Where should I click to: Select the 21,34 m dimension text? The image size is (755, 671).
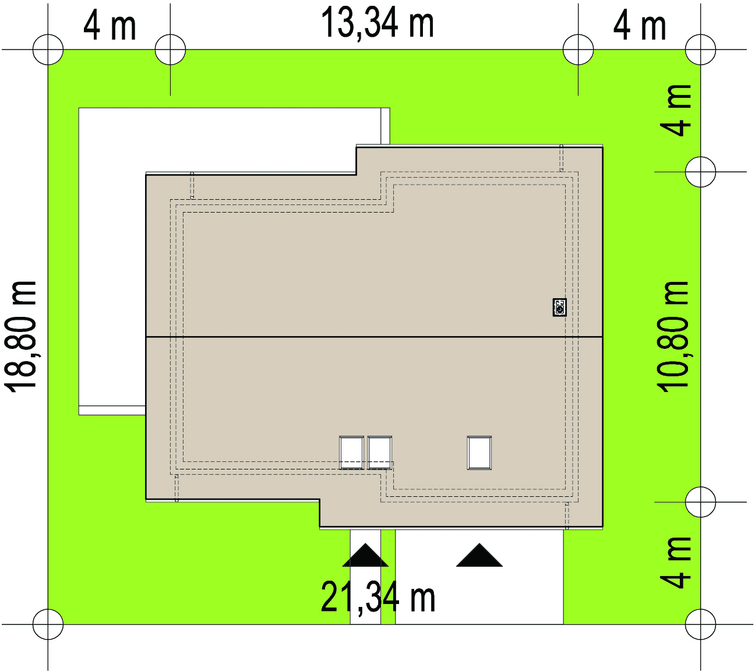point(377,598)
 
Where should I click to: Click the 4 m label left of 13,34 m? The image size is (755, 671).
point(110,27)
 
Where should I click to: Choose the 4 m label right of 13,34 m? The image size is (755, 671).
point(640,27)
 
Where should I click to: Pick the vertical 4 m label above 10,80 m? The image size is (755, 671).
point(676,111)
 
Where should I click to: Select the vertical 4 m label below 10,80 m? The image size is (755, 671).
point(676,563)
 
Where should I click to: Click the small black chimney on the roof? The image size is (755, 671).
point(559,308)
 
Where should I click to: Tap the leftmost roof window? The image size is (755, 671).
point(351,453)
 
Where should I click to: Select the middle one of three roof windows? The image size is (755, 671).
point(380,453)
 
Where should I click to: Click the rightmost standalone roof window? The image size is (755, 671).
point(479,453)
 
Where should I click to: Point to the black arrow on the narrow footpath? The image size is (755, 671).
point(366,556)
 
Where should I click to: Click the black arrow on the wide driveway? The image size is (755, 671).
point(479,556)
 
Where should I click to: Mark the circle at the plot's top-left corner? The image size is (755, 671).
point(48,34)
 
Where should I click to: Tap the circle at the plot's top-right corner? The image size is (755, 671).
point(701,34)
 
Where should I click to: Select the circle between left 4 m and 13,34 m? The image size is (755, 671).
point(170,34)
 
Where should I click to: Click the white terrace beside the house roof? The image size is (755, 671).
point(112,261)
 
